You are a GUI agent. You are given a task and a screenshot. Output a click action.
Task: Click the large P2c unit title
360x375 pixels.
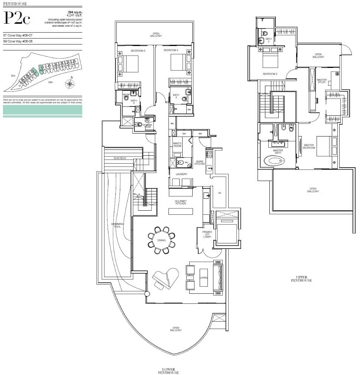[17, 18]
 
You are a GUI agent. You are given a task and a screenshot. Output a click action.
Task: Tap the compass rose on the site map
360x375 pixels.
[70, 84]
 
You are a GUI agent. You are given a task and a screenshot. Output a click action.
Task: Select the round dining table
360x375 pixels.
[161, 240]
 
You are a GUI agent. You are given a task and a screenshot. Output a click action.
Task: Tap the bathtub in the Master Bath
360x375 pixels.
[274, 161]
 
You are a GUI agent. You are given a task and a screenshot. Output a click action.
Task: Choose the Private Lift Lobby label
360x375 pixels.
[207, 234]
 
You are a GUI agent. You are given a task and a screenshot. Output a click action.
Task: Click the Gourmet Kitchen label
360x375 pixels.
[180, 202]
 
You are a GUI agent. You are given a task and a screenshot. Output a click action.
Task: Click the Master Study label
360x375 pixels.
[321, 81]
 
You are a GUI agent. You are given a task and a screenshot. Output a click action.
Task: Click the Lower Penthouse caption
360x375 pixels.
[171, 371]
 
